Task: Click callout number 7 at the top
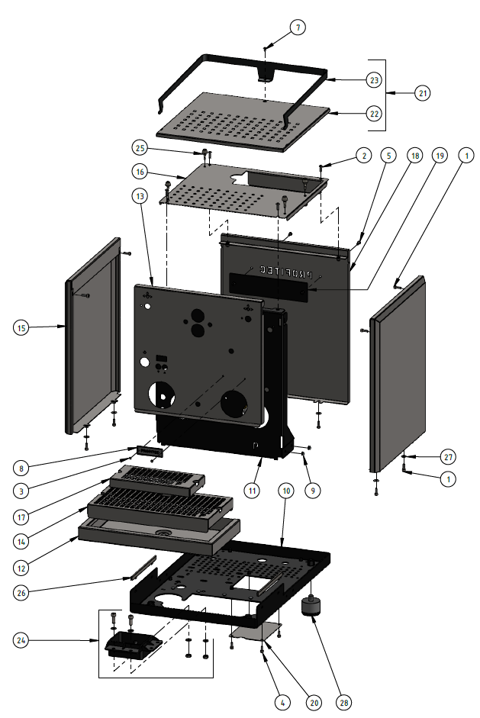[298, 27]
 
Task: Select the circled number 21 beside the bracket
[422, 93]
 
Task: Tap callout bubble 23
[373, 79]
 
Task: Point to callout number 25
[140, 146]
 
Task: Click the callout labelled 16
[140, 172]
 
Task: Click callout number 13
[140, 196]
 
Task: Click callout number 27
[447, 456]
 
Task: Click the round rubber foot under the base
[311, 609]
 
